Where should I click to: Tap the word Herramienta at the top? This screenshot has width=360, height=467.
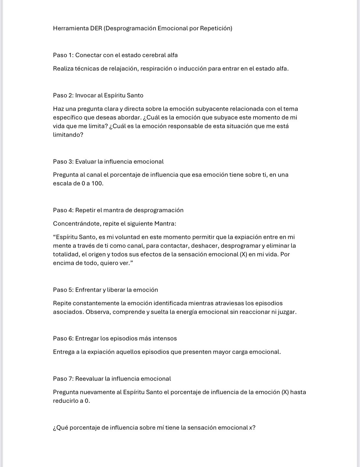71,28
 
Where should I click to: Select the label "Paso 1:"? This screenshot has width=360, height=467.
63,55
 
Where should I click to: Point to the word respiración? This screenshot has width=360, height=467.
157,69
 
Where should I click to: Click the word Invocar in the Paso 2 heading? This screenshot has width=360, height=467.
85,95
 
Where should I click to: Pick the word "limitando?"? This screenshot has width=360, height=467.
68,135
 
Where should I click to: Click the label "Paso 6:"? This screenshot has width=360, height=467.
63,338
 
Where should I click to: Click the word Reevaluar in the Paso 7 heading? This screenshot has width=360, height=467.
89,379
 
